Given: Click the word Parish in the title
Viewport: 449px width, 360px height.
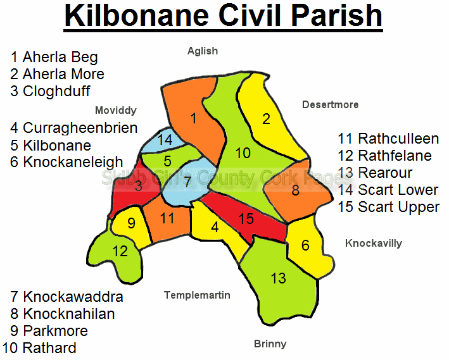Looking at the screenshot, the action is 337,15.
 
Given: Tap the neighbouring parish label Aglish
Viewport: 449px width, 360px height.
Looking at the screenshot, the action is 203,51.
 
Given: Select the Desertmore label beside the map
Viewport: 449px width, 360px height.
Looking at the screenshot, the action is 330,105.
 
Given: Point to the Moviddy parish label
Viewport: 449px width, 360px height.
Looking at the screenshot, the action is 116,111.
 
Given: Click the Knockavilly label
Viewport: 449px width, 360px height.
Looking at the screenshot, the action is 374,243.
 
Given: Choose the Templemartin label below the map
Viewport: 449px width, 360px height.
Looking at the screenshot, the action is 197,295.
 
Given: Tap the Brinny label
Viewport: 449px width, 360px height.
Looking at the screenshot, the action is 270,344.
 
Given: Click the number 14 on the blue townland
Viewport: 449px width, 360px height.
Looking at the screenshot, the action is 165,140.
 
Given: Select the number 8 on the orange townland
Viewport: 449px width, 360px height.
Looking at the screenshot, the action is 296,190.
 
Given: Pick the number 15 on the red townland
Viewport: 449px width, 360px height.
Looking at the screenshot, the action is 246,219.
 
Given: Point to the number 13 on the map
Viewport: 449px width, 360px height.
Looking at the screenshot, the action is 279,278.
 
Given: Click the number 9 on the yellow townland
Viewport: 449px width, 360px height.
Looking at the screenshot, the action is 132,223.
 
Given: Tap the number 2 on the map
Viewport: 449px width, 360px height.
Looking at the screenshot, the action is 267,119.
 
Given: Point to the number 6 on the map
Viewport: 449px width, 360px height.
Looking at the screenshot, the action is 305,245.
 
